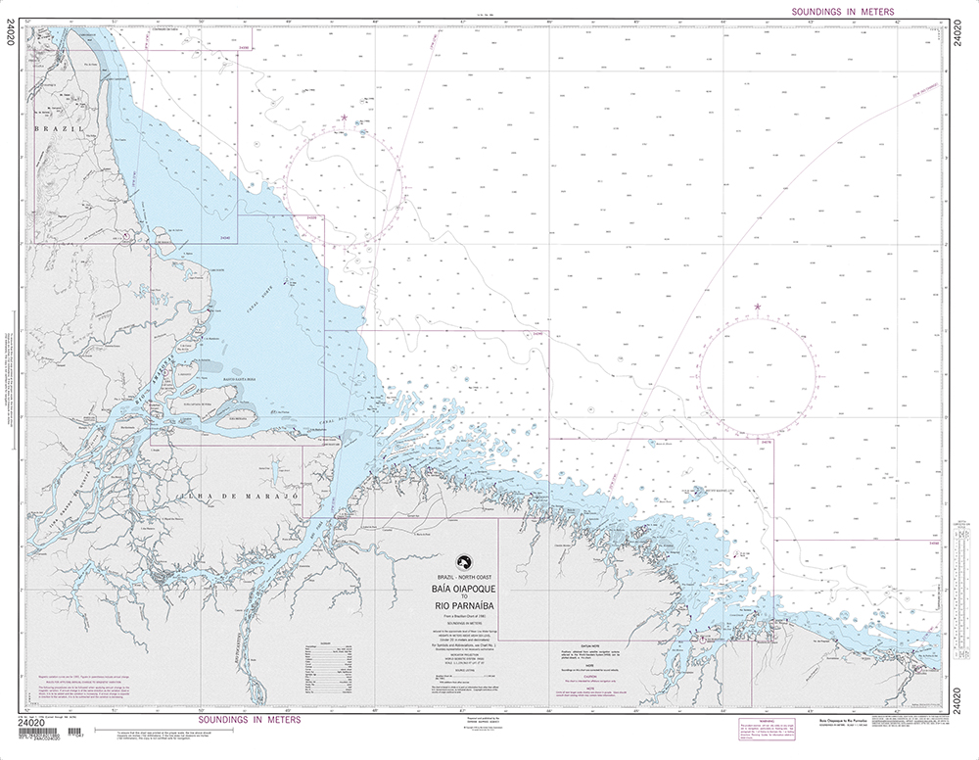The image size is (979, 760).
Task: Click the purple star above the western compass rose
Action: tap(345, 119)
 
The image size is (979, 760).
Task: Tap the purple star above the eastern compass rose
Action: tap(757, 308)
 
